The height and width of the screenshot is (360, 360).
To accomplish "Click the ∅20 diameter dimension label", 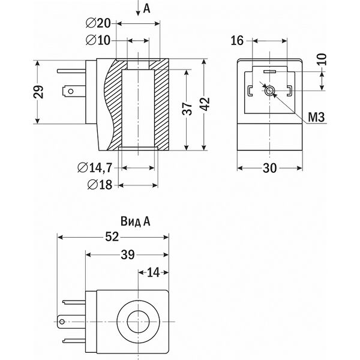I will [97, 23].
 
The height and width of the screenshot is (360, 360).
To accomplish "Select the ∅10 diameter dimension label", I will [97, 40].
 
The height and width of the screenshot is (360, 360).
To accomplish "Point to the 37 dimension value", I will [187, 109].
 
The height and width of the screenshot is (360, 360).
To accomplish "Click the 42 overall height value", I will [205, 103].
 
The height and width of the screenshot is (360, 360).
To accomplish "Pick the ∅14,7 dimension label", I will [95, 168].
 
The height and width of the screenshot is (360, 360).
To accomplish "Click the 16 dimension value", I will [237, 40].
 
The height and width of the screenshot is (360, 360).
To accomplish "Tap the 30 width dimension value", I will [270, 169].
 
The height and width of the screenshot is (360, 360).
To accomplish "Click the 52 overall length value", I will [112, 237].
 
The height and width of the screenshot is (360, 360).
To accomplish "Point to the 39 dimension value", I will [127, 255].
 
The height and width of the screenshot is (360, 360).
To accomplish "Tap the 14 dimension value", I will [154, 272].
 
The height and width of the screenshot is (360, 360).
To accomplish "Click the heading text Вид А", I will [135, 221].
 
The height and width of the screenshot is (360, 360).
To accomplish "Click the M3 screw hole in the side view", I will [270, 91].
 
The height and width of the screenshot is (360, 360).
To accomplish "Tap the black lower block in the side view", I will [270, 136].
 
